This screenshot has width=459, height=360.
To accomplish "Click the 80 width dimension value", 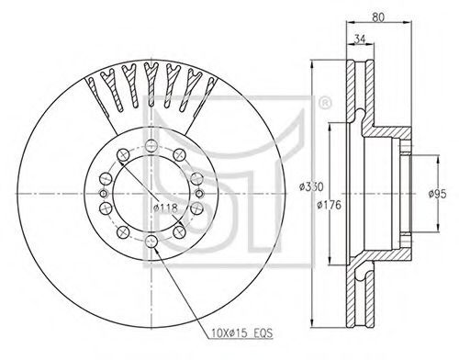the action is [x=378, y=17].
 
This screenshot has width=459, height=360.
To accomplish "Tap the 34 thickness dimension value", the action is [x=360, y=39].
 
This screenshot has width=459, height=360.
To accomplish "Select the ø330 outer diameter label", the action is [x=311, y=186].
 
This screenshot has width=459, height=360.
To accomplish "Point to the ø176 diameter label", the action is [x=329, y=205].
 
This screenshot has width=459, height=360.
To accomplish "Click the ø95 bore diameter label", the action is [x=438, y=194].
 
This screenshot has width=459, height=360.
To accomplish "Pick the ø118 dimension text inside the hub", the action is [x=165, y=208].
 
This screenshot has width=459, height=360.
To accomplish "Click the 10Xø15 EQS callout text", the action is [x=241, y=332].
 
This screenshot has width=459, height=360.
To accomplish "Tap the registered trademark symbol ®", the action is [x=325, y=103].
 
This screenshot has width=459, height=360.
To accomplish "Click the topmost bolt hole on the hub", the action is [x=151, y=145].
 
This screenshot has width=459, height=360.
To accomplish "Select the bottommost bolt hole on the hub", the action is [x=151, y=242].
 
